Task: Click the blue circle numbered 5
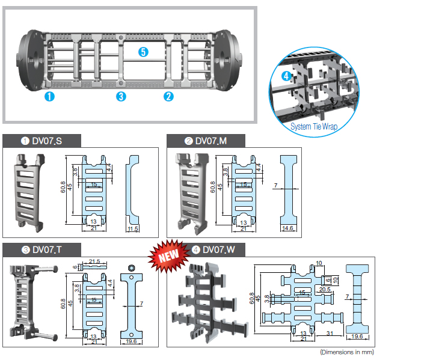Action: (x=143, y=52)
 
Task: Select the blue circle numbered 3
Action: (x=121, y=96)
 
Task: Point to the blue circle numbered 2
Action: (x=169, y=96)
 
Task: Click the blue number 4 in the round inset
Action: (x=286, y=76)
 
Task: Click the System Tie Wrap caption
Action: (x=314, y=127)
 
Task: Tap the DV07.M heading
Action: (x=207, y=141)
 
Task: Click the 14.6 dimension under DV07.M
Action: (x=290, y=229)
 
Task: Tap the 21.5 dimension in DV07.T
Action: (x=95, y=261)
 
